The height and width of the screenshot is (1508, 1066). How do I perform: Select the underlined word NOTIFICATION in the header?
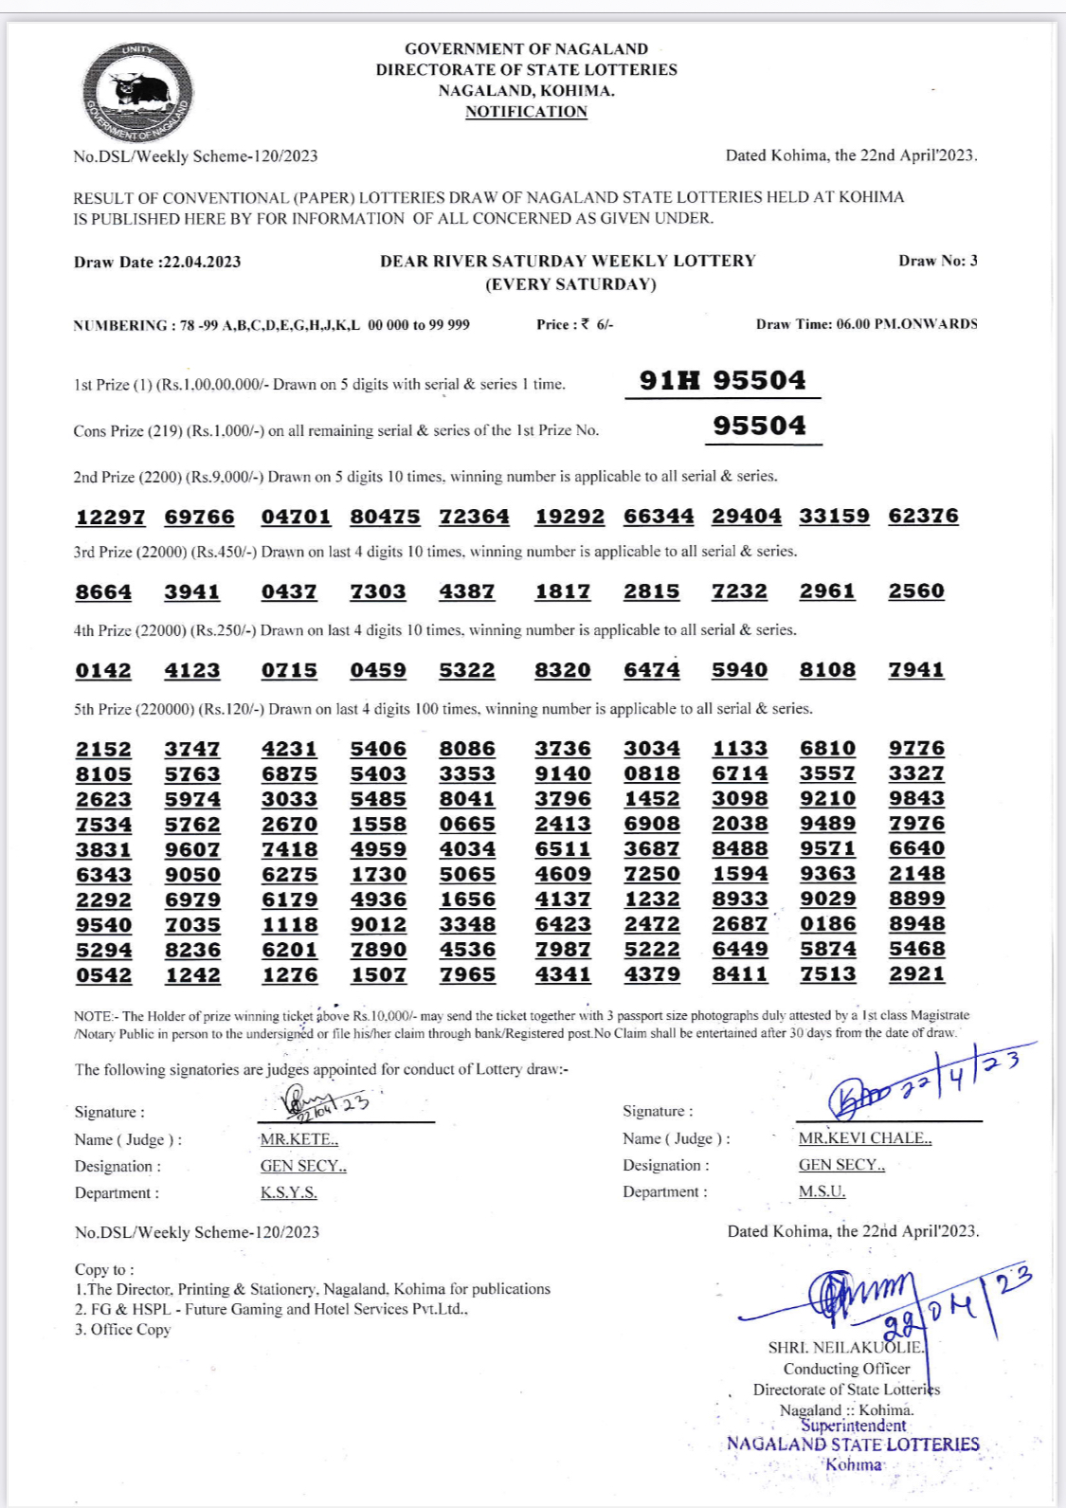pos(526,112)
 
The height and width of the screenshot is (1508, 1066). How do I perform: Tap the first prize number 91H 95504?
pos(722,380)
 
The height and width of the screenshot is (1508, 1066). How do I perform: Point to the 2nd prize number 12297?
pos(110,517)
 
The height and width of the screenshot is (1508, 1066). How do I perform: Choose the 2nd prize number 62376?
pos(923,516)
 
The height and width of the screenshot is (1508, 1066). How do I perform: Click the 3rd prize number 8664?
pos(103,591)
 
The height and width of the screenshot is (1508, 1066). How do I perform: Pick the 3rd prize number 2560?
pos(916,590)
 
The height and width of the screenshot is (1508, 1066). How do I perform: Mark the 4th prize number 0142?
pos(103,670)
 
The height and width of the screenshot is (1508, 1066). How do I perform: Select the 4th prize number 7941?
pos(916,669)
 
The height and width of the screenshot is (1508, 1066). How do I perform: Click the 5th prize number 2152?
pos(103,749)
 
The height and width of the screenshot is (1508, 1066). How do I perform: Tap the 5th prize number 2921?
pos(916,973)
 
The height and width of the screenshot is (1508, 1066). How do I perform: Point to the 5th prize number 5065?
pos(466,874)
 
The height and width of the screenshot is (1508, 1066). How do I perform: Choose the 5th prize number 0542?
pos(103,974)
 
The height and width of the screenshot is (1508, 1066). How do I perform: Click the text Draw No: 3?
pos(937,261)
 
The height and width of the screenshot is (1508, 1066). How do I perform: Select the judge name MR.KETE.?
pos(298,1139)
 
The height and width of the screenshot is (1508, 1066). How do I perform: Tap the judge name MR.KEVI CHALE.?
pos(864,1138)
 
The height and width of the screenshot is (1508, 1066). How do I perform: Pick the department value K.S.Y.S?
pos(288,1192)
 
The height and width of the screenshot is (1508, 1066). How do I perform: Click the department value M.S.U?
pos(822,1191)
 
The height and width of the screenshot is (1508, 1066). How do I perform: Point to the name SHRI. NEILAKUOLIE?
pos(845,1347)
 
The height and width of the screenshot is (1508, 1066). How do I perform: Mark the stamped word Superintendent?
pos(853,1426)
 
